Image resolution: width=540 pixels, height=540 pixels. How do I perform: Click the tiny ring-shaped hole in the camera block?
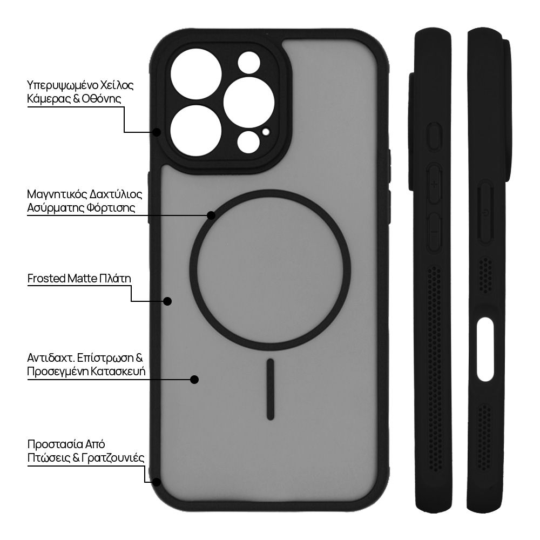(x=265, y=131)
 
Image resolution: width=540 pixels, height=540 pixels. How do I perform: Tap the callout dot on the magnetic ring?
(x=211, y=215)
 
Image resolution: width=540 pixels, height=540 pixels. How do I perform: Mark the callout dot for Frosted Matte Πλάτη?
(x=167, y=301)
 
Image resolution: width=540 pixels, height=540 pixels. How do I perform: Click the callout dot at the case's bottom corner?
(x=157, y=482)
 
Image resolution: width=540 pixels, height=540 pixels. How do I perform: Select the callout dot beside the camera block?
(x=157, y=132)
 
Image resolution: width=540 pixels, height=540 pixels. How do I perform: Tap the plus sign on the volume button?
(x=434, y=184)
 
